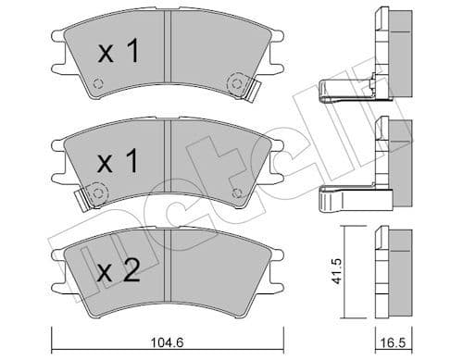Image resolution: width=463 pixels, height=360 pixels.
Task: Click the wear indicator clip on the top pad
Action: coord(243,89)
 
